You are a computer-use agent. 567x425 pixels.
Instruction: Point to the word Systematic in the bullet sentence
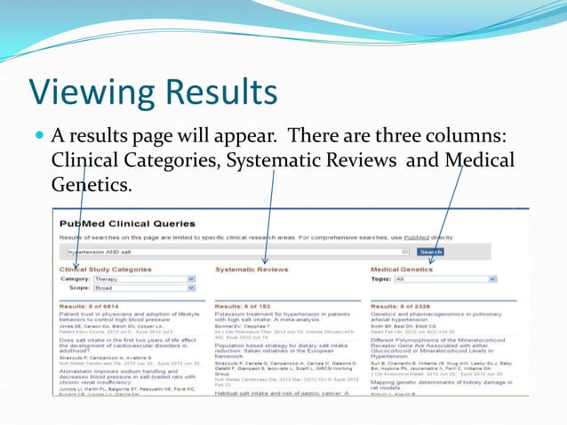click(x=270, y=161)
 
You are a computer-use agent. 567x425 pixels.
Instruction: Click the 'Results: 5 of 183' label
click(x=244, y=305)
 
